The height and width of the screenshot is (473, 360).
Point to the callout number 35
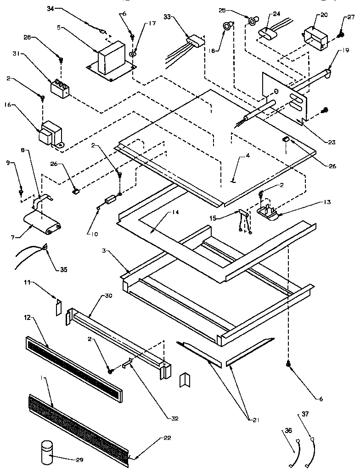tap(62, 269)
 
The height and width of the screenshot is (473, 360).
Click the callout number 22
tap(167, 438)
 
